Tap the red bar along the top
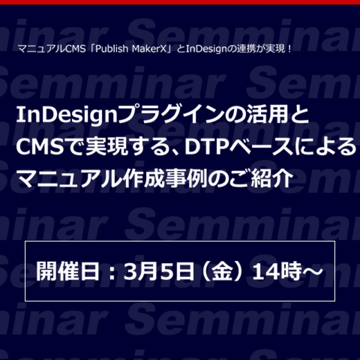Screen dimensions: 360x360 (x=180, y=2)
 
